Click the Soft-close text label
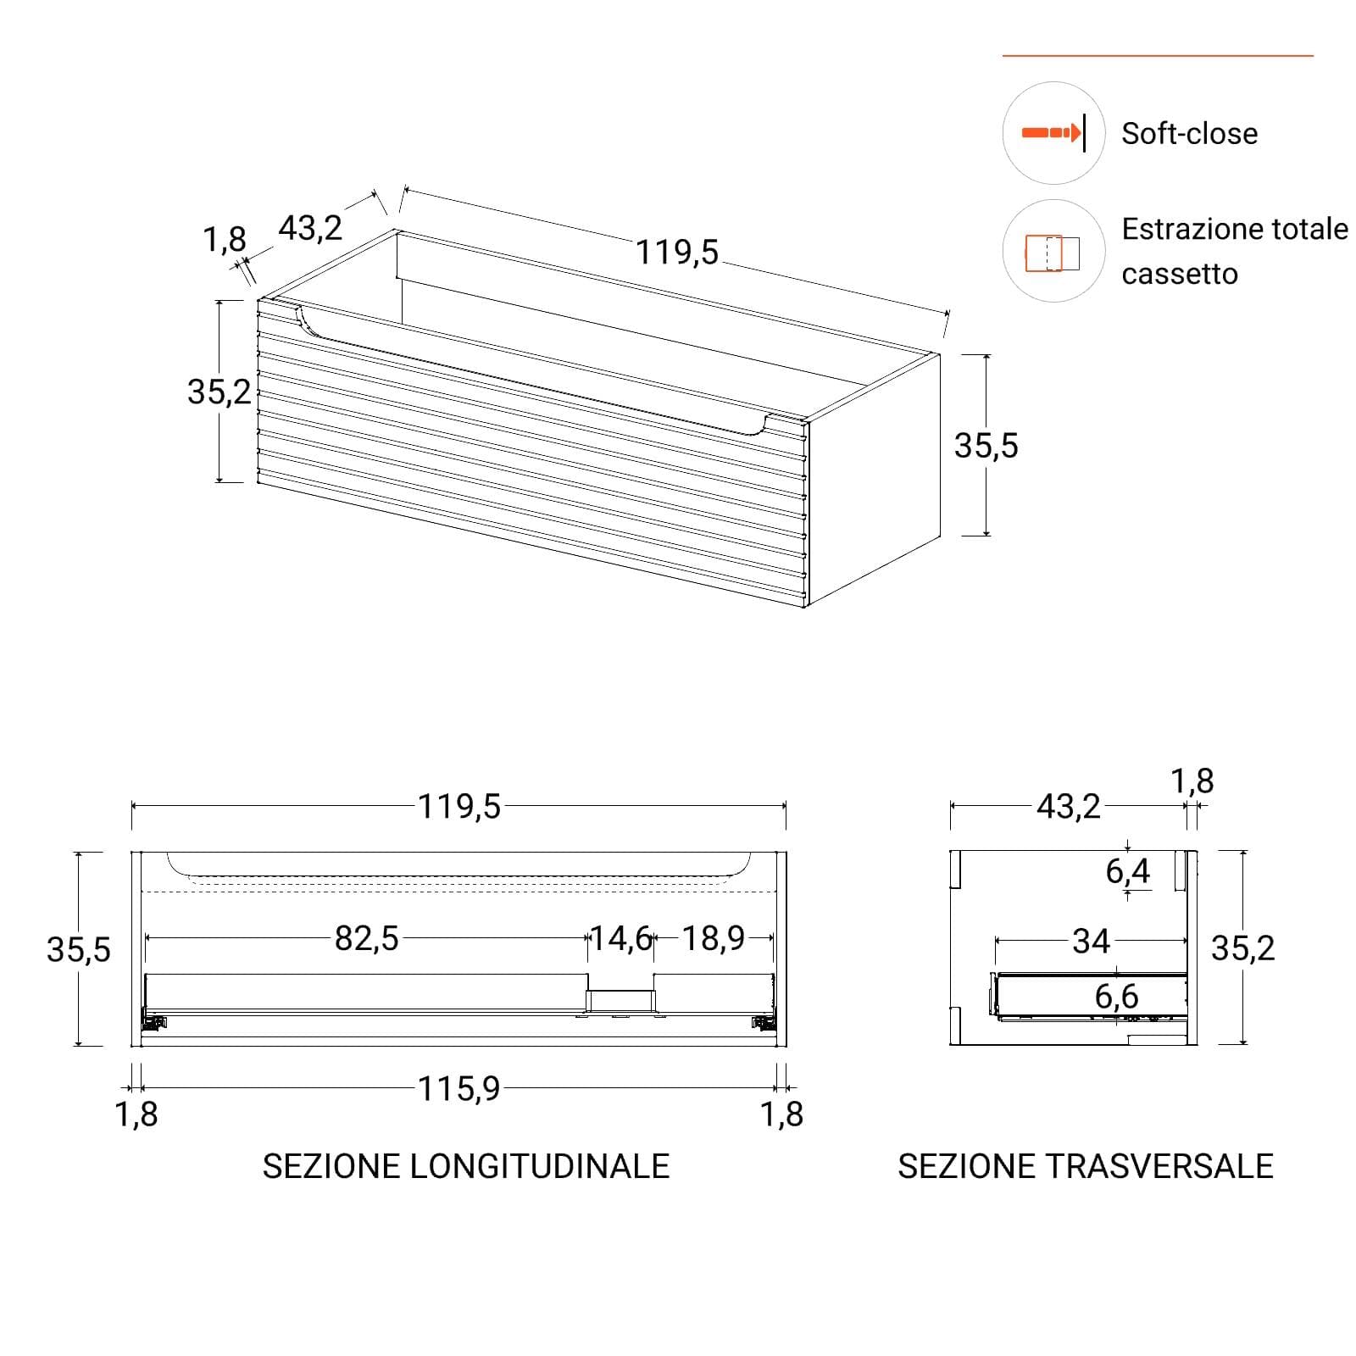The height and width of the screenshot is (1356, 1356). coord(1189,134)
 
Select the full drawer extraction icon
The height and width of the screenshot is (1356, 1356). coord(1053,253)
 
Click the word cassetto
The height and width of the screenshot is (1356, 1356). coord(1180,275)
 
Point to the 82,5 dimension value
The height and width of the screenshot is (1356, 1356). coord(366,938)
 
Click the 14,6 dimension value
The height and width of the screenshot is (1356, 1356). coord(620,938)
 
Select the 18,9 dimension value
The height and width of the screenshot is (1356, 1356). coord(714,938)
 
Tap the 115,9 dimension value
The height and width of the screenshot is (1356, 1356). coord(458,1088)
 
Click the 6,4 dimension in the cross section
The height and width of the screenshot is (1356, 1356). coord(1127,871)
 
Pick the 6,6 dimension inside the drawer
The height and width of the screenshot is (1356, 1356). coord(1116,997)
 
